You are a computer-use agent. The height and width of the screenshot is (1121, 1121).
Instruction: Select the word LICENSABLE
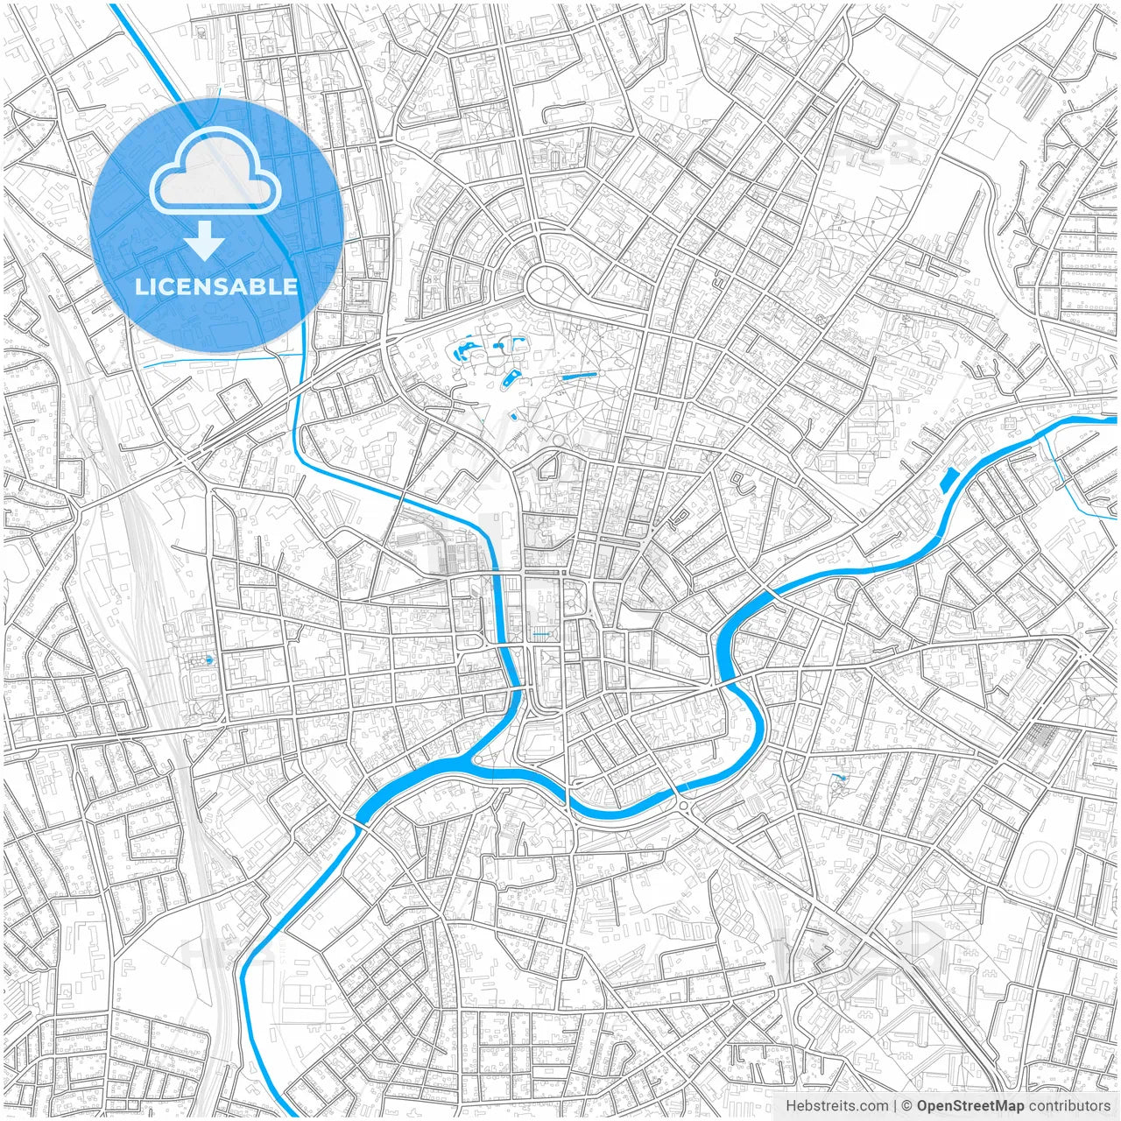coord(215,286)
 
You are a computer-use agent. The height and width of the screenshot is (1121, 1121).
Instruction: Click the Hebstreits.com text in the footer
coord(836,1106)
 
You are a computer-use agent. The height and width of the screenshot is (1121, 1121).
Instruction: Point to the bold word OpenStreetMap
coord(970,1106)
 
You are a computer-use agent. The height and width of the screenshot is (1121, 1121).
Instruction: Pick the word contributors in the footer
coord(1069,1106)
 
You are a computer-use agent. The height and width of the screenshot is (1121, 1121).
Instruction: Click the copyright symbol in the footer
coord(908,1106)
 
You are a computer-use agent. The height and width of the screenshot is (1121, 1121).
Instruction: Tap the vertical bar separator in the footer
coord(895,1106)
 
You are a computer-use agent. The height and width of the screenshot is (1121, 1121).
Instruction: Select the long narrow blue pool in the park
coord(578,377)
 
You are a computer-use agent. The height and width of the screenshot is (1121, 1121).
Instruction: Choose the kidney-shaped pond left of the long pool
coord(511,377)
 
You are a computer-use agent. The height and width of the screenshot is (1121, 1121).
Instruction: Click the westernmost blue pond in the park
coord(458,355)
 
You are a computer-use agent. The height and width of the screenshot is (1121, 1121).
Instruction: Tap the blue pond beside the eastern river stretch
coord(948,478)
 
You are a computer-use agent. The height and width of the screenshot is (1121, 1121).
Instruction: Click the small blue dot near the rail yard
coord(208,659)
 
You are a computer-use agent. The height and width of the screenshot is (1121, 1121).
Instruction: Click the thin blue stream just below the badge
coord(219,359)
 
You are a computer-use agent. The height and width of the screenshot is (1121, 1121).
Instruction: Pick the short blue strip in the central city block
coord(542,633)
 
